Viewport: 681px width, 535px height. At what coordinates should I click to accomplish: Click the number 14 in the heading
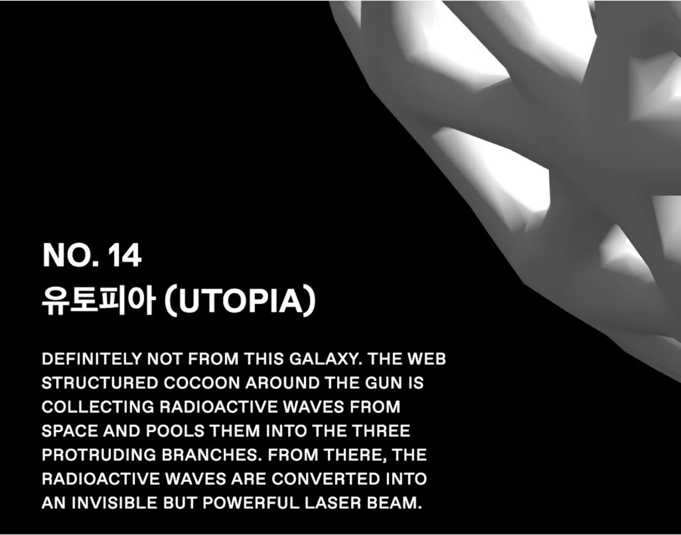[125, 255]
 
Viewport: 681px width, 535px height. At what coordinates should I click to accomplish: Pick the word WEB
[426, 359]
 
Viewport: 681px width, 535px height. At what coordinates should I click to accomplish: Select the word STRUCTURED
[100, 383]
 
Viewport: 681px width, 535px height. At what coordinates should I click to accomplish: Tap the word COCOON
[201, 383]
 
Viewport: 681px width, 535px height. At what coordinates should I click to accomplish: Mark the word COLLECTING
[98, 407]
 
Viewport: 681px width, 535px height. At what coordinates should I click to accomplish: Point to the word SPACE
[70, 431]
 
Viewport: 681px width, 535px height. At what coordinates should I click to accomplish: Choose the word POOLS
[175, 431]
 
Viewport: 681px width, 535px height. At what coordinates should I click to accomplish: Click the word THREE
[381, 431]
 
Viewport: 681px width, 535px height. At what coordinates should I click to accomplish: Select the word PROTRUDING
[99, 455]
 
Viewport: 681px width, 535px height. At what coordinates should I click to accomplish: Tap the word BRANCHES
[211, 455]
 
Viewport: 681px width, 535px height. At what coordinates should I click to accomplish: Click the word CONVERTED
[326, 479]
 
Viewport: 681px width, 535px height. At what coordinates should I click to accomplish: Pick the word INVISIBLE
[115, 503]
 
